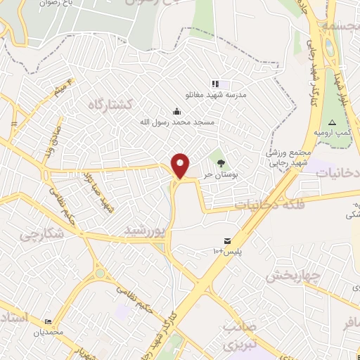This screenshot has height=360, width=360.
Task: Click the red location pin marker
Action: (181, 167)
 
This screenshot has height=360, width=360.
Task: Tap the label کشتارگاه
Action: (111, 104)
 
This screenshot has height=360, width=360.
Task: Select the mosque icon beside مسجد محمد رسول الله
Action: (176, 111)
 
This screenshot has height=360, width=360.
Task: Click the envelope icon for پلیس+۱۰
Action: (226, 240)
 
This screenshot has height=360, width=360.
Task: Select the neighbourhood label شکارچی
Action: (38, 233)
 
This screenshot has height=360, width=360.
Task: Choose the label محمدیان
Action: (50, 331)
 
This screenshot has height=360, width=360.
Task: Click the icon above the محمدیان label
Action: (47, 320)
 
